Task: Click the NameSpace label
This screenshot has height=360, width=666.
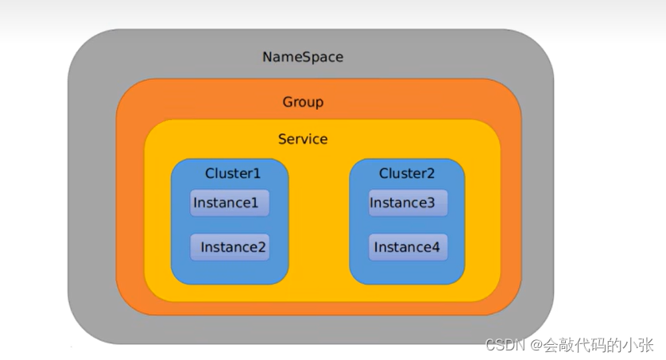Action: click(x=303, y=57)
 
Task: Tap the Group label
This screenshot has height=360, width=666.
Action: click(x=303, y=102)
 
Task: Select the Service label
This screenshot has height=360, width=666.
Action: click(x=303, y=139)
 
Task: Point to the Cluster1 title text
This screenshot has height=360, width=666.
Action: click(x=232, y=173)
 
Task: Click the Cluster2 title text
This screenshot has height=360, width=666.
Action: click(x=406, y=173)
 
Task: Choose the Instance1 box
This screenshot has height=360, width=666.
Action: click(x=230, y=203)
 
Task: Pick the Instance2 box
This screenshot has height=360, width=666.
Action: click(x=230, y=247)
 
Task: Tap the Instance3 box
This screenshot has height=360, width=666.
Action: click(x=408, y=203)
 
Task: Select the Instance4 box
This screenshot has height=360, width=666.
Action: click(x=408, y=247)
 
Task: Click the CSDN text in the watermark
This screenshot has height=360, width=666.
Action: click(x=505, y=345)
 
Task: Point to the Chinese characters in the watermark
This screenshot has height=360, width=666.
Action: click(x=598, y=345)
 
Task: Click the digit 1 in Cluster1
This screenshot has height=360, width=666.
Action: click(x=256, y=173)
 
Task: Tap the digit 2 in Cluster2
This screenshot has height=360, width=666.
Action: click(x=430, y=173)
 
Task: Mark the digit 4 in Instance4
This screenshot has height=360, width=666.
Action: click(x=436, y=247)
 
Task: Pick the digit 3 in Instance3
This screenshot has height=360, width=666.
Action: click(x=430, y=203)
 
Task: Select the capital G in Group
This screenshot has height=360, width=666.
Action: click(x=288, y=102)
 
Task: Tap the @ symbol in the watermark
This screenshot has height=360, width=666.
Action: click(x=536, y=345)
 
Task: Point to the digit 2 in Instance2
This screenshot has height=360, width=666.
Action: click(x=261, y=247)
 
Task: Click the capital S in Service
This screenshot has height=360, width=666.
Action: click(x=282, y=139)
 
